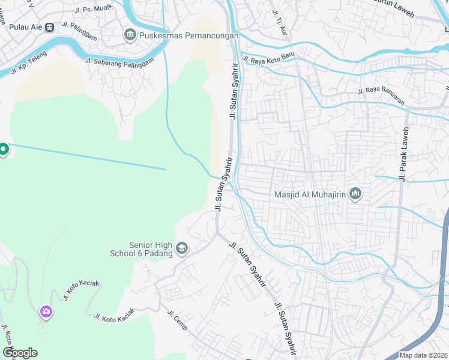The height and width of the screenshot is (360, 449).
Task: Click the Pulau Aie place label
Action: (x=21, y=27)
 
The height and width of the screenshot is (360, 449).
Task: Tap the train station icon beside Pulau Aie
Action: (x=49, y=27)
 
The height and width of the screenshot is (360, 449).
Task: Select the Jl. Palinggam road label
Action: (x=75, y=31)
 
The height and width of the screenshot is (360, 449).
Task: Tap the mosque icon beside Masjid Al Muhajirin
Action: (x=355, y=194)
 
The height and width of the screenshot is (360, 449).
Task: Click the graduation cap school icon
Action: (x=182, y=248)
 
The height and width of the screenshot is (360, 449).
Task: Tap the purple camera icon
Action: (x=46, y=311)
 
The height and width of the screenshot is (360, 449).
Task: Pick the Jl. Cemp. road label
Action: (x=178, y=321)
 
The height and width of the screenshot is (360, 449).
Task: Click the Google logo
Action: (x=20, y=353)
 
